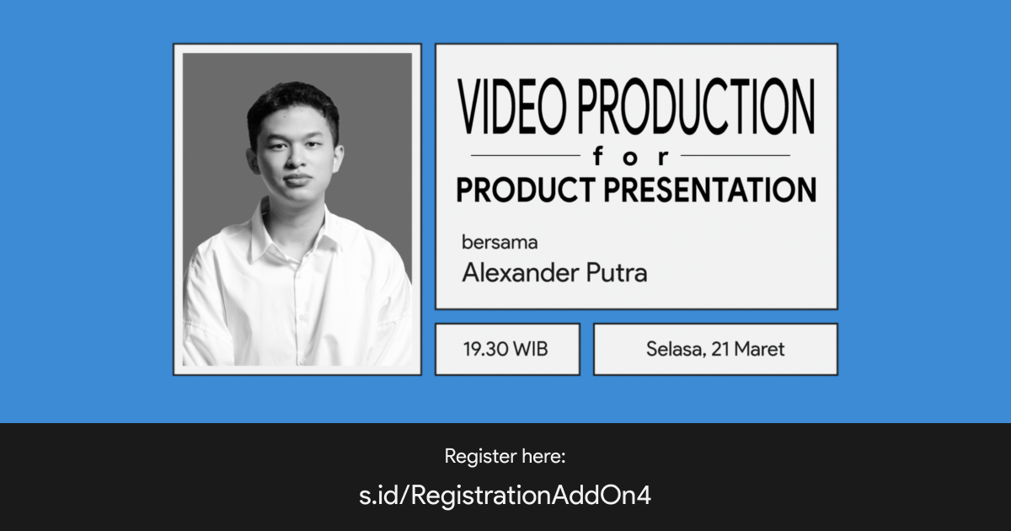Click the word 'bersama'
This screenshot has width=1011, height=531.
[x=500, y=243]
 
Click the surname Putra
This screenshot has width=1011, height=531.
[x=619, y=273]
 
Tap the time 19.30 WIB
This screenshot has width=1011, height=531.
[x=505, y=349]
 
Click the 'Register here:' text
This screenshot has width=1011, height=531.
[x=505, y=457]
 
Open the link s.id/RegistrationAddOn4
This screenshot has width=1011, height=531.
[x=505, y=496]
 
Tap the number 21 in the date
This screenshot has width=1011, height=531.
[x=720, y=349]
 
